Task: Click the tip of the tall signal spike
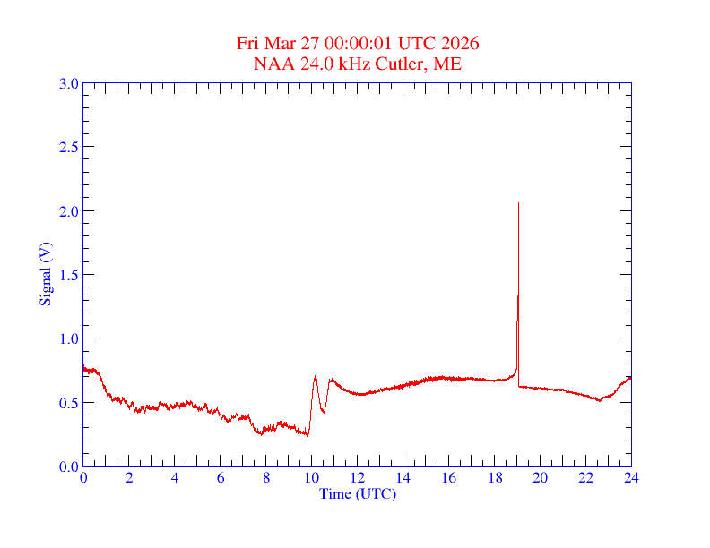(518, 203)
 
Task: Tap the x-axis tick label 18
(494, 479)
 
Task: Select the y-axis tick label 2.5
(69, 147)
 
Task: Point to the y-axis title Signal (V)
(45, 274)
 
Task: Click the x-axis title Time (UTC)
(357, 493)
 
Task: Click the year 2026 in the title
(461, 44)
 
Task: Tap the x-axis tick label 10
(311, 479)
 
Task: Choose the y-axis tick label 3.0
(69, 83)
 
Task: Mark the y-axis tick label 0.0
(69, 467)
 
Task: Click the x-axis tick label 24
(631, 479)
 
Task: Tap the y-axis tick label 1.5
(69, 275)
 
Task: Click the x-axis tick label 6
(221, 479)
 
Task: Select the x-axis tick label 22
(585, 479)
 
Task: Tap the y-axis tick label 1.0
(69, 338)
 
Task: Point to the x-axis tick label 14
(403, 479)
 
